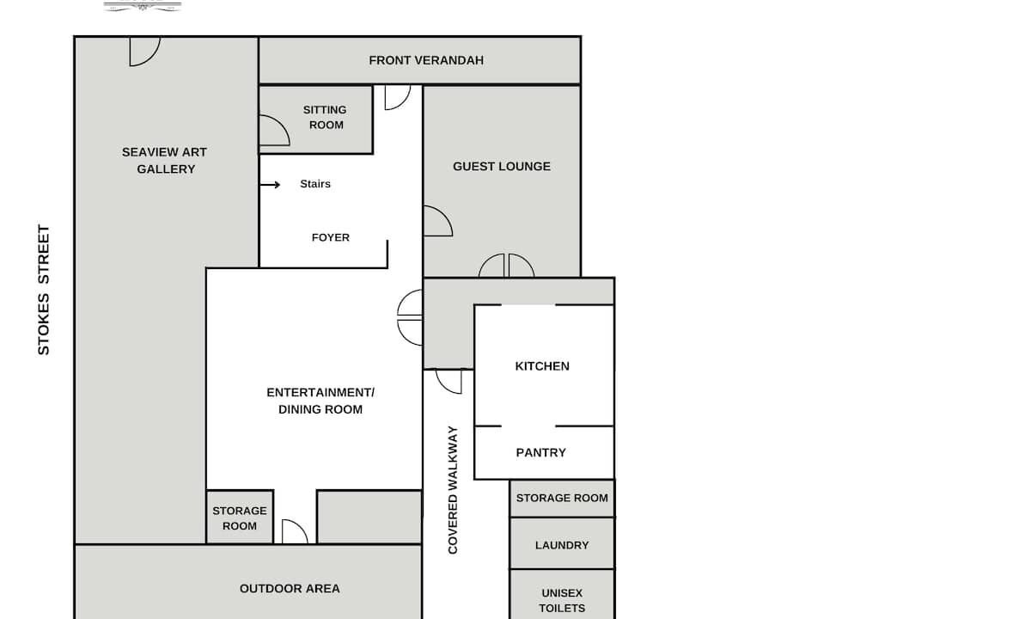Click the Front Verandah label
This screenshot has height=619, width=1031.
click(x=426, y=60)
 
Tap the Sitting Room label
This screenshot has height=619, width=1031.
click(x=326, y=118)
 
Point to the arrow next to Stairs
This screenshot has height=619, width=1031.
click(x=270, y=185)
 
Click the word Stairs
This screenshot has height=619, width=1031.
click(x=315, y=184)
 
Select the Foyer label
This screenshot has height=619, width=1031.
click(x=331, y=237)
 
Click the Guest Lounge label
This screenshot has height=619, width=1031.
click(x=502, y=166)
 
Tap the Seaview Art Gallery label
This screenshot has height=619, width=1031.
click(x=164, y=161)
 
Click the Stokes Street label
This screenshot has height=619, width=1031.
click(x=43, y=290)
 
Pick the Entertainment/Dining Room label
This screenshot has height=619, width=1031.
click(x=320, y=401)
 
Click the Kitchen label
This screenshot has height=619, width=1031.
click(x=542, y=366)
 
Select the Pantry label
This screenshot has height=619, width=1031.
click(x=540, y=453)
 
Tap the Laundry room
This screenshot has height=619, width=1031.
click(x=562, y=543)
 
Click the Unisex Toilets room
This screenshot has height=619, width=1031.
click(x=562, y=595)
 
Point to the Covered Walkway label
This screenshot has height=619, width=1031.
click(x=453, y=490)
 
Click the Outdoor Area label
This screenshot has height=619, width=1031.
click(x=290, y=589)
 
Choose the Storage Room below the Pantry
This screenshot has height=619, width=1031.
click(x=562, y=499)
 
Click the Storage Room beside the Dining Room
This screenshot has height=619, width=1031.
click(x=240, y=518)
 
